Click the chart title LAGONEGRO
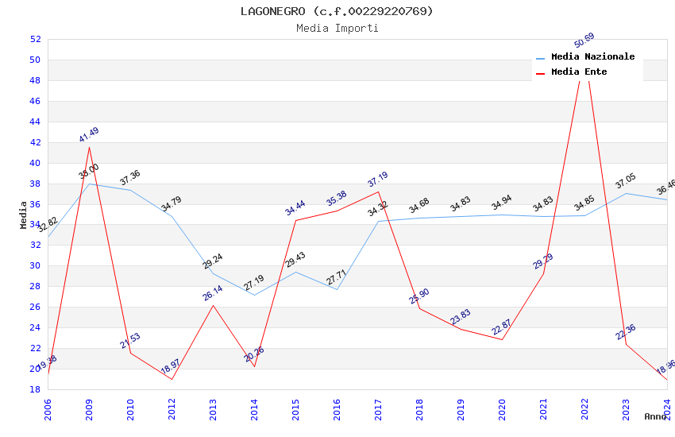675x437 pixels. (337, 11)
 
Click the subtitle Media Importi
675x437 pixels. (337, 28)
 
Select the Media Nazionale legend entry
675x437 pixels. (592, 57)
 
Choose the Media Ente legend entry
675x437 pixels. (579, 72)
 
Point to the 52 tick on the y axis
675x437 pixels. (35, 39)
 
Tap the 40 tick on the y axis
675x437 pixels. (35, 163)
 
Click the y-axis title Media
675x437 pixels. (24, 215)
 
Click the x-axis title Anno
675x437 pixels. (655, 416)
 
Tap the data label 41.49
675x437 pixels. (89, 135)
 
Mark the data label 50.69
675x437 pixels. (584, 41)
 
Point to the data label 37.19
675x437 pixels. (378, 180)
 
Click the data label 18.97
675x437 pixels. (172, 366)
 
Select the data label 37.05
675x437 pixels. (626, 182)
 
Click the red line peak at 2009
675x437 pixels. (89, 147)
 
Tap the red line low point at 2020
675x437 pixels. (502, 339)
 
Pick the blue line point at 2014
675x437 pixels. (254, 295)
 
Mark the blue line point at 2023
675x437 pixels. (626, 193)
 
